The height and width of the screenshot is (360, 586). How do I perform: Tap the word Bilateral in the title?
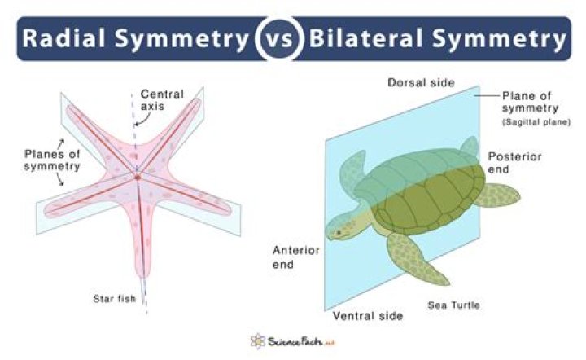(x=376, y=38)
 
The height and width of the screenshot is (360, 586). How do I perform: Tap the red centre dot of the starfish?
(x=139, y=176)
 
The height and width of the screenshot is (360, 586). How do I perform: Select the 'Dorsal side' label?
(x=420, y=83)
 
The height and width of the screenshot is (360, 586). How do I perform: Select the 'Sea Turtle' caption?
(x=454, y=305)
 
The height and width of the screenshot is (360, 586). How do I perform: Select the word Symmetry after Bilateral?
(x=510, y=38)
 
